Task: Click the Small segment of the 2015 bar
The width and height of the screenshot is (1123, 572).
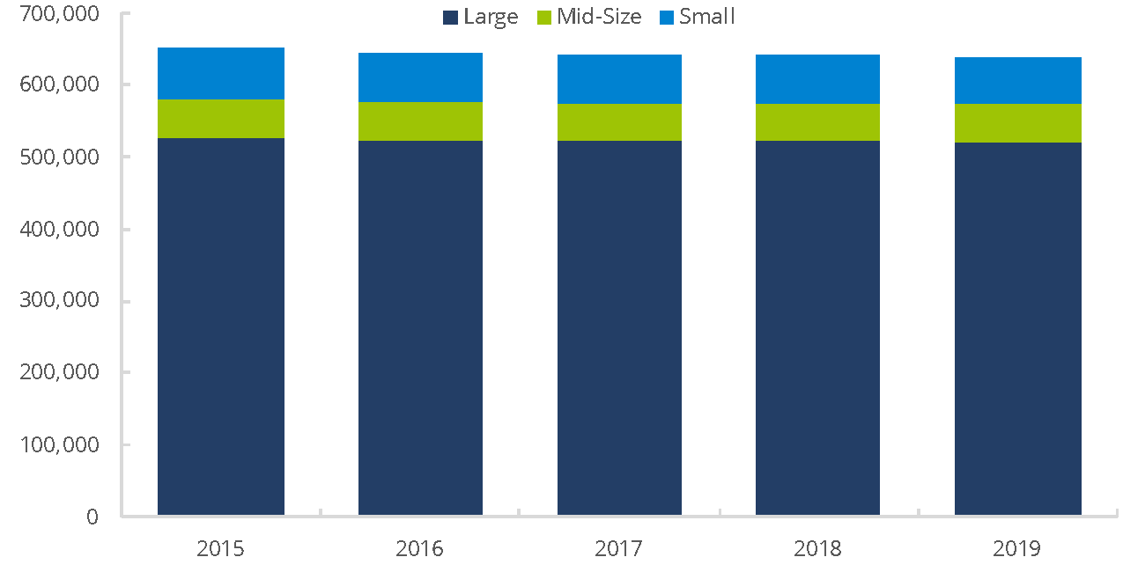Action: (221, 73)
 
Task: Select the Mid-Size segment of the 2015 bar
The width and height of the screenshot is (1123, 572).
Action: (221, 119)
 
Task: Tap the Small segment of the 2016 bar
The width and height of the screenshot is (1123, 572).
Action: (420, 77)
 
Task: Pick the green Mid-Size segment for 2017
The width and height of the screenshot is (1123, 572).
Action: (619, 122)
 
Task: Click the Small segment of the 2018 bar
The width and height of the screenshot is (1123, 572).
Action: (817, 79)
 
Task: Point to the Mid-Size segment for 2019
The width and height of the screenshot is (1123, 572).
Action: (1017, 123)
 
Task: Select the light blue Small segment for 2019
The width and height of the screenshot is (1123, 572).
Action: (1017, 80)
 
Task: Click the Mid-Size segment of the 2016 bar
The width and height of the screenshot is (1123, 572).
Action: (420, 121)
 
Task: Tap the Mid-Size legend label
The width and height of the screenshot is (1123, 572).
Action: (599, 17)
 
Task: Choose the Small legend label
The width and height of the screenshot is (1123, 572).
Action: (706, 17)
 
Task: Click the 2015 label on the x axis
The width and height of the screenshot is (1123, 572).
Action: (220, 549)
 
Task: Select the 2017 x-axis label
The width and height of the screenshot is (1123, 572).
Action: (619, 549)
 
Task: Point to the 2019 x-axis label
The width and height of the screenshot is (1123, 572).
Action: (1017, 549)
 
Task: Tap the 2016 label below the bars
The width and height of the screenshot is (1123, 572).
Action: (420, 549)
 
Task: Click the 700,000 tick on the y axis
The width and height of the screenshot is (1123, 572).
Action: (57, 14)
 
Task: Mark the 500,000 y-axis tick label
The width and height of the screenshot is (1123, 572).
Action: (57, 158)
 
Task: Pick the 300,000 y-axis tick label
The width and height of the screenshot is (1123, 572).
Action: (57, 301)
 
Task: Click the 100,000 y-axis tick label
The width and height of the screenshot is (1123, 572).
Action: (57, 444)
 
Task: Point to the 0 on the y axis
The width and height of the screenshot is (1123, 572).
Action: (92, 517)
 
